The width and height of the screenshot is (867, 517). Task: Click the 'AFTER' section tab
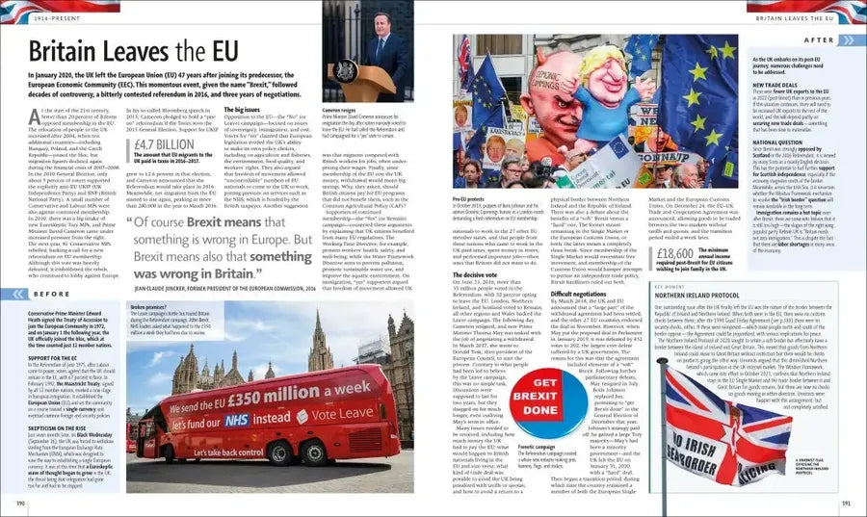[819, 40]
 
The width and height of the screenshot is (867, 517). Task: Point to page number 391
[846, 502]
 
